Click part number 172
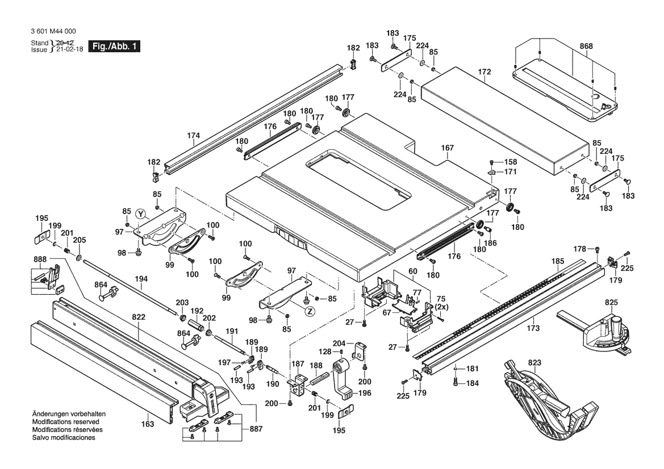click(x=484, y=72)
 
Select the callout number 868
click(x=586, y=46)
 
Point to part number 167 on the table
click(x=448, y=148)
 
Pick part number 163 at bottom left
click(x=147, y=424)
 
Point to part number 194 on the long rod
click(x=141, y=279)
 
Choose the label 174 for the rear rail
click(x=194, y=136)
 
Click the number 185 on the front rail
click(x=558, y=262)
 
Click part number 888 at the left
click(x=40, y=259)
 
